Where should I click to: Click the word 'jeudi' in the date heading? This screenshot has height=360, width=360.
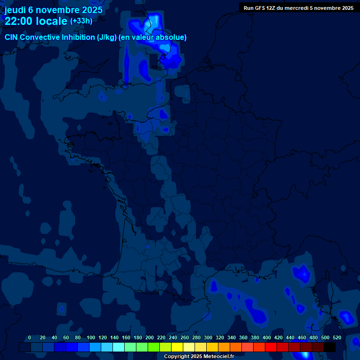pos(17,10)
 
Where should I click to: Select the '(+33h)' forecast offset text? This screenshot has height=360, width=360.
pos(81,21)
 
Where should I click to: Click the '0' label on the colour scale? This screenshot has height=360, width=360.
pos(30,337)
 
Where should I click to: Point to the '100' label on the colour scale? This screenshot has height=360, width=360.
pos(91,337)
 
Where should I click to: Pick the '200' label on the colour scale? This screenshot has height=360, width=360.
pos(150,337)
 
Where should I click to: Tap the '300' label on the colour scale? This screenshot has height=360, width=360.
pos(208,337)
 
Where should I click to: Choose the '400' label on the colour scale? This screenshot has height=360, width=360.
pos(267,337)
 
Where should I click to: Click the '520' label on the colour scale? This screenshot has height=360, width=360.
pos(337,337)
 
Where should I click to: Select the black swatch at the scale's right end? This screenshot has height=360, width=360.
pos(330,347)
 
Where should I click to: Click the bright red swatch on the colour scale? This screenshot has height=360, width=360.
pos(271,347)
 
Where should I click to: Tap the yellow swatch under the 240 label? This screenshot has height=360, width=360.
pos(177,347)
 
